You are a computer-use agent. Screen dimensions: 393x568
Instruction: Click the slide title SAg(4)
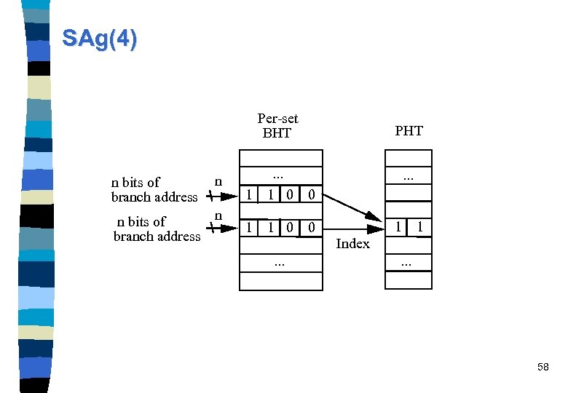click(x=99, y=38)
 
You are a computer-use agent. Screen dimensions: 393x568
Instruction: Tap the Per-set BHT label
click(x=277, y=125)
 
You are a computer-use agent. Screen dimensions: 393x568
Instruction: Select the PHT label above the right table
click(x=409, y=131)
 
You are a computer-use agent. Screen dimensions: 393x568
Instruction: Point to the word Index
click(x=353, y=244)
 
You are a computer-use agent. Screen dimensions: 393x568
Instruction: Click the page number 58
click(x=543, y=368)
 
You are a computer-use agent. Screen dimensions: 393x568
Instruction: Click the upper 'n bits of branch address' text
click(x=154, y=189)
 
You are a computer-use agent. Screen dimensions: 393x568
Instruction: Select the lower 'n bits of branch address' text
click(x=156, y=229)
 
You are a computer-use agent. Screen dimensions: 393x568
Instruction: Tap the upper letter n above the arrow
click(x=218, y=180)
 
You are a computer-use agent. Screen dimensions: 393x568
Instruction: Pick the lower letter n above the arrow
click(x=218, y=215)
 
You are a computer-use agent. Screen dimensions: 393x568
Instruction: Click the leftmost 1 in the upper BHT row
click(x=250, y=194)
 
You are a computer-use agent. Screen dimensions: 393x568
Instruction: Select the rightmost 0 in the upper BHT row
click(x=311, y=194)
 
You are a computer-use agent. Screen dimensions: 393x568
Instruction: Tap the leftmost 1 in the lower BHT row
click(x=250, y=228)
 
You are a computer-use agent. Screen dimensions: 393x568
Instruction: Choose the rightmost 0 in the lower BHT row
click(x=311, y=228)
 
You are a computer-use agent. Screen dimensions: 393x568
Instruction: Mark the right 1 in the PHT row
click(x=419, y=228)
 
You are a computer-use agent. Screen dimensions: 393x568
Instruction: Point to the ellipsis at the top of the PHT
click(x=409, y=177)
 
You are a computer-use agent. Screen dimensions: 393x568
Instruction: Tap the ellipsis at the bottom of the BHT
click(x=280, y=263)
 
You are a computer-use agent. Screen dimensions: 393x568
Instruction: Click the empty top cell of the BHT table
click(x=281, y=159)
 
